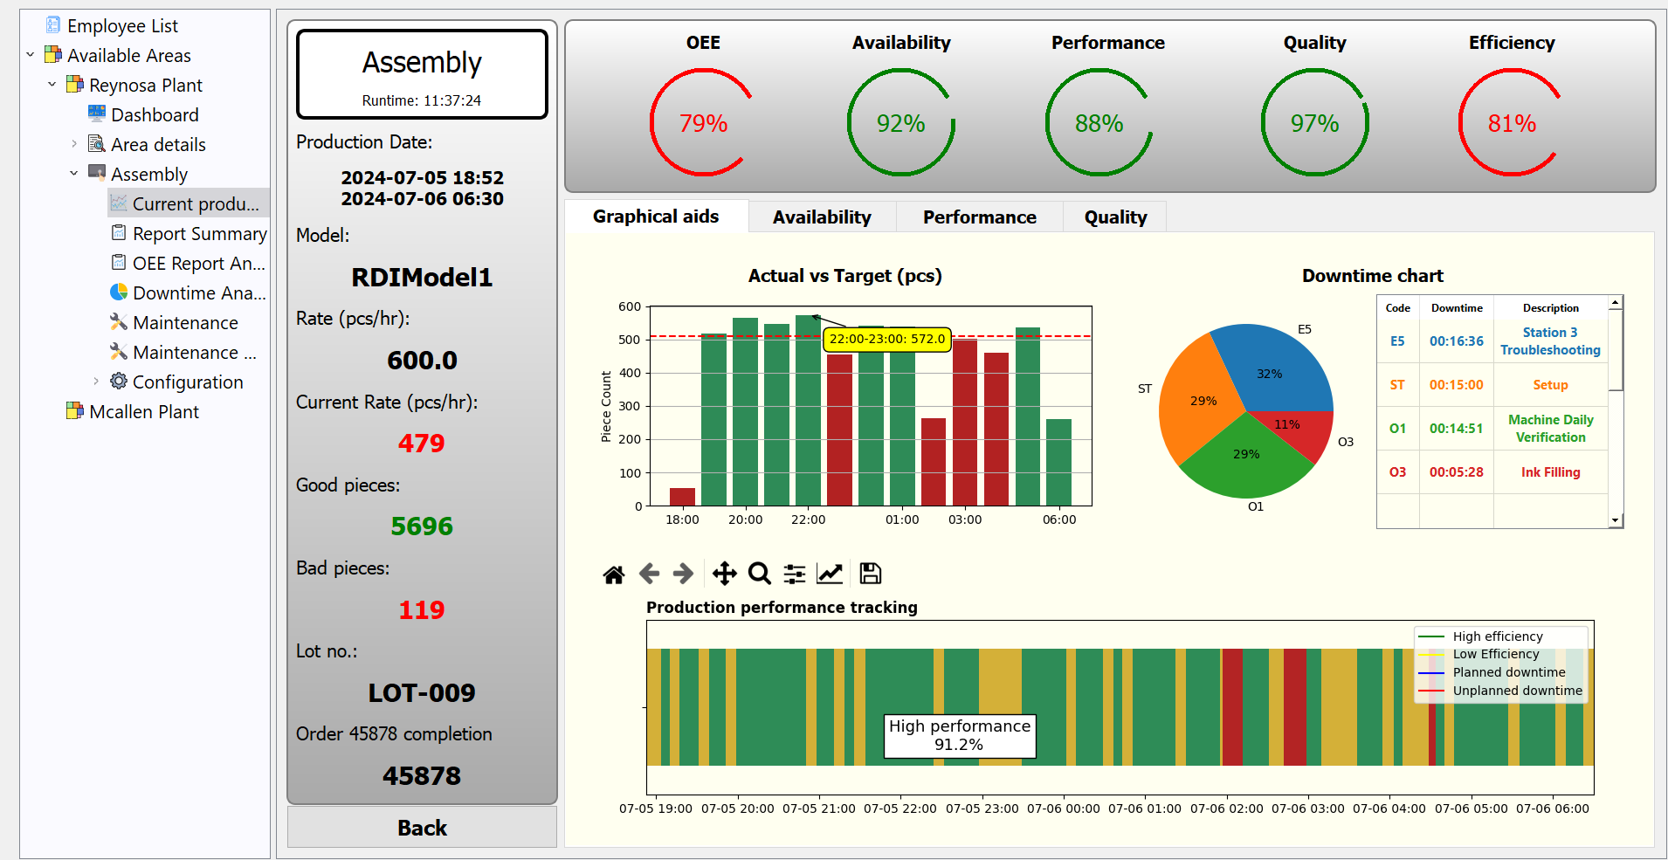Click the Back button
422,827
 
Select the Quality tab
1115,217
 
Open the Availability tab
821,217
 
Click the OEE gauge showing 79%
703,123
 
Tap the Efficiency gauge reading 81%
1511,123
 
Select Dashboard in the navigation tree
155,115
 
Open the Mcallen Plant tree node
144,412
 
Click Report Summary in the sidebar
199,234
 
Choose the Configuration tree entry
188,382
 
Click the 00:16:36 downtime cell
1456,341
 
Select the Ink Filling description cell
1550,472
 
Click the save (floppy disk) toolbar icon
870,574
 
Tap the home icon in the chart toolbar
614,574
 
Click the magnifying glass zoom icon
760,574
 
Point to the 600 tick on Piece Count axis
630,306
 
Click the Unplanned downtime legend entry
1517,691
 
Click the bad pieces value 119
422,609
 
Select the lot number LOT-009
422,692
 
